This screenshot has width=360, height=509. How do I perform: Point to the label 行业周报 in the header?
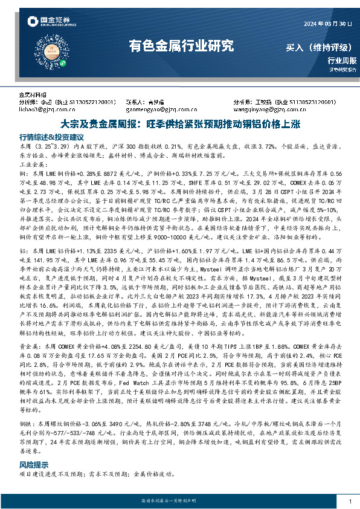342,60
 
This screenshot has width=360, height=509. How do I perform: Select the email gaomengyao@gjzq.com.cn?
156,110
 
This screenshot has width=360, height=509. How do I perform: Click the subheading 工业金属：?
33,164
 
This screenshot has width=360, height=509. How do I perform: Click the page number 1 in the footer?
350,502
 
